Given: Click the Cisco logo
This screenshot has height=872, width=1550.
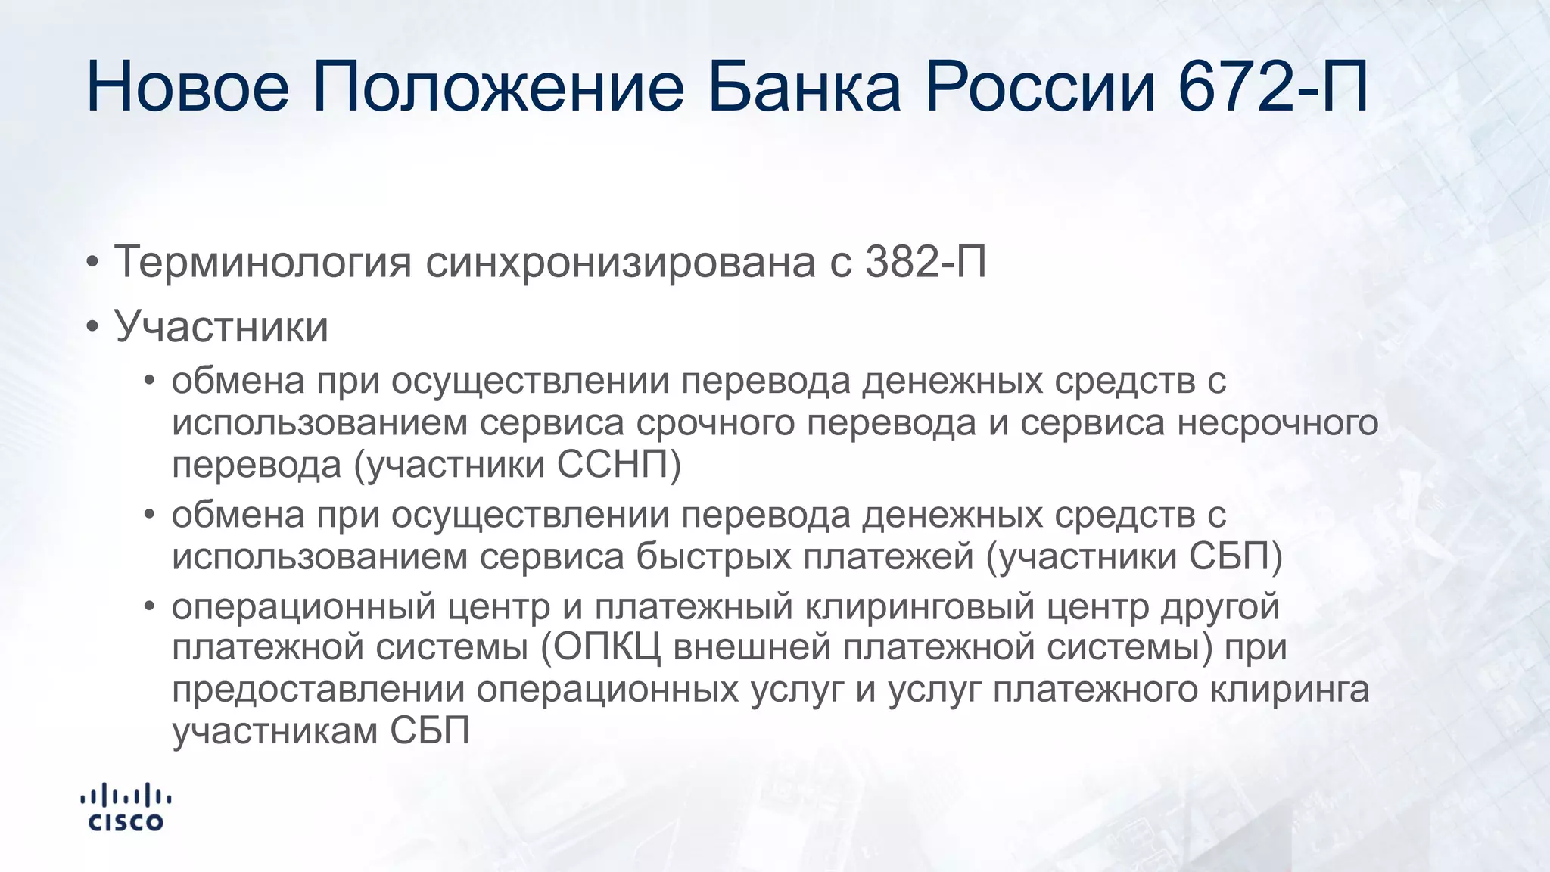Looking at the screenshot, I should pyautogui.click(x=126, y=808).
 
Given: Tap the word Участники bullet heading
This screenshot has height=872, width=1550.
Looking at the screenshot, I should pyautogui.click(x=221, y=327).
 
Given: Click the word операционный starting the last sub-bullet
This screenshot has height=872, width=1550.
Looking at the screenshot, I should pyautogui.click(x=303, y=606).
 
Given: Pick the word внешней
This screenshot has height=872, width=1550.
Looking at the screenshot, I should pyautogui.click(x=765, y=648).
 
